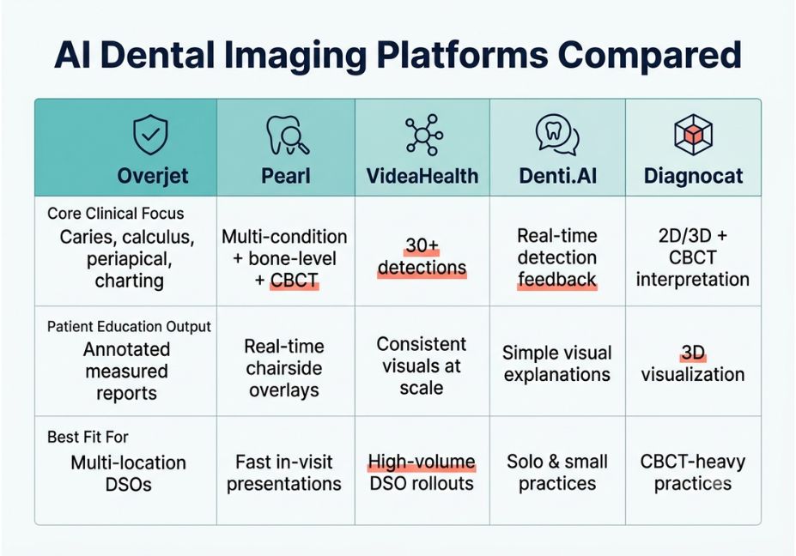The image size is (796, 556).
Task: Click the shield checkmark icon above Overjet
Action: tap(150, 135)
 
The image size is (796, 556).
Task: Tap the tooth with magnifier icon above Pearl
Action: tap(288, 135)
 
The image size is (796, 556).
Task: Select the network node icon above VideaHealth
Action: tap(424, 135)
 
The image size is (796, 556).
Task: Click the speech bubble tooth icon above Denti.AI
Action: tap(557, 135)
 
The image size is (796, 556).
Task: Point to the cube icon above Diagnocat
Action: tap(694, 135)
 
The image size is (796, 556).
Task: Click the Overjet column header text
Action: tap(153, 176)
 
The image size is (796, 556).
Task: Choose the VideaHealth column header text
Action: tap(422, 176)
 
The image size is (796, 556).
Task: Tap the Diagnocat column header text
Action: tap(694, 176)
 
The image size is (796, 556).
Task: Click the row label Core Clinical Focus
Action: tap(116, 214)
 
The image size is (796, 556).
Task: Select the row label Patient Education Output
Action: tap(129, 326)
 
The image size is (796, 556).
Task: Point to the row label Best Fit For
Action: tap(88, 437)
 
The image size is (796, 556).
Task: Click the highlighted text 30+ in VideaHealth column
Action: tap(422, 246)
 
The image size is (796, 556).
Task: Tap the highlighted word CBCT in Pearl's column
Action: tap(295, 280)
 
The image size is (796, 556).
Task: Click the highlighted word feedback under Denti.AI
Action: tap(557, 280)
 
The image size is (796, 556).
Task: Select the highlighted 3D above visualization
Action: tap(693, 353)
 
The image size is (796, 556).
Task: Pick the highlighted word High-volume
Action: tap(422, 462)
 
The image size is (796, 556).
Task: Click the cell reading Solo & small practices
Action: tap(557, 472)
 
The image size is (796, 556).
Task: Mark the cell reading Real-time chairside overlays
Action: tap(284, 368)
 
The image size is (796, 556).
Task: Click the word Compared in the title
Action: tap(650, 55)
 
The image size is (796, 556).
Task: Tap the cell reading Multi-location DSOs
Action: tap(129, 474)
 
